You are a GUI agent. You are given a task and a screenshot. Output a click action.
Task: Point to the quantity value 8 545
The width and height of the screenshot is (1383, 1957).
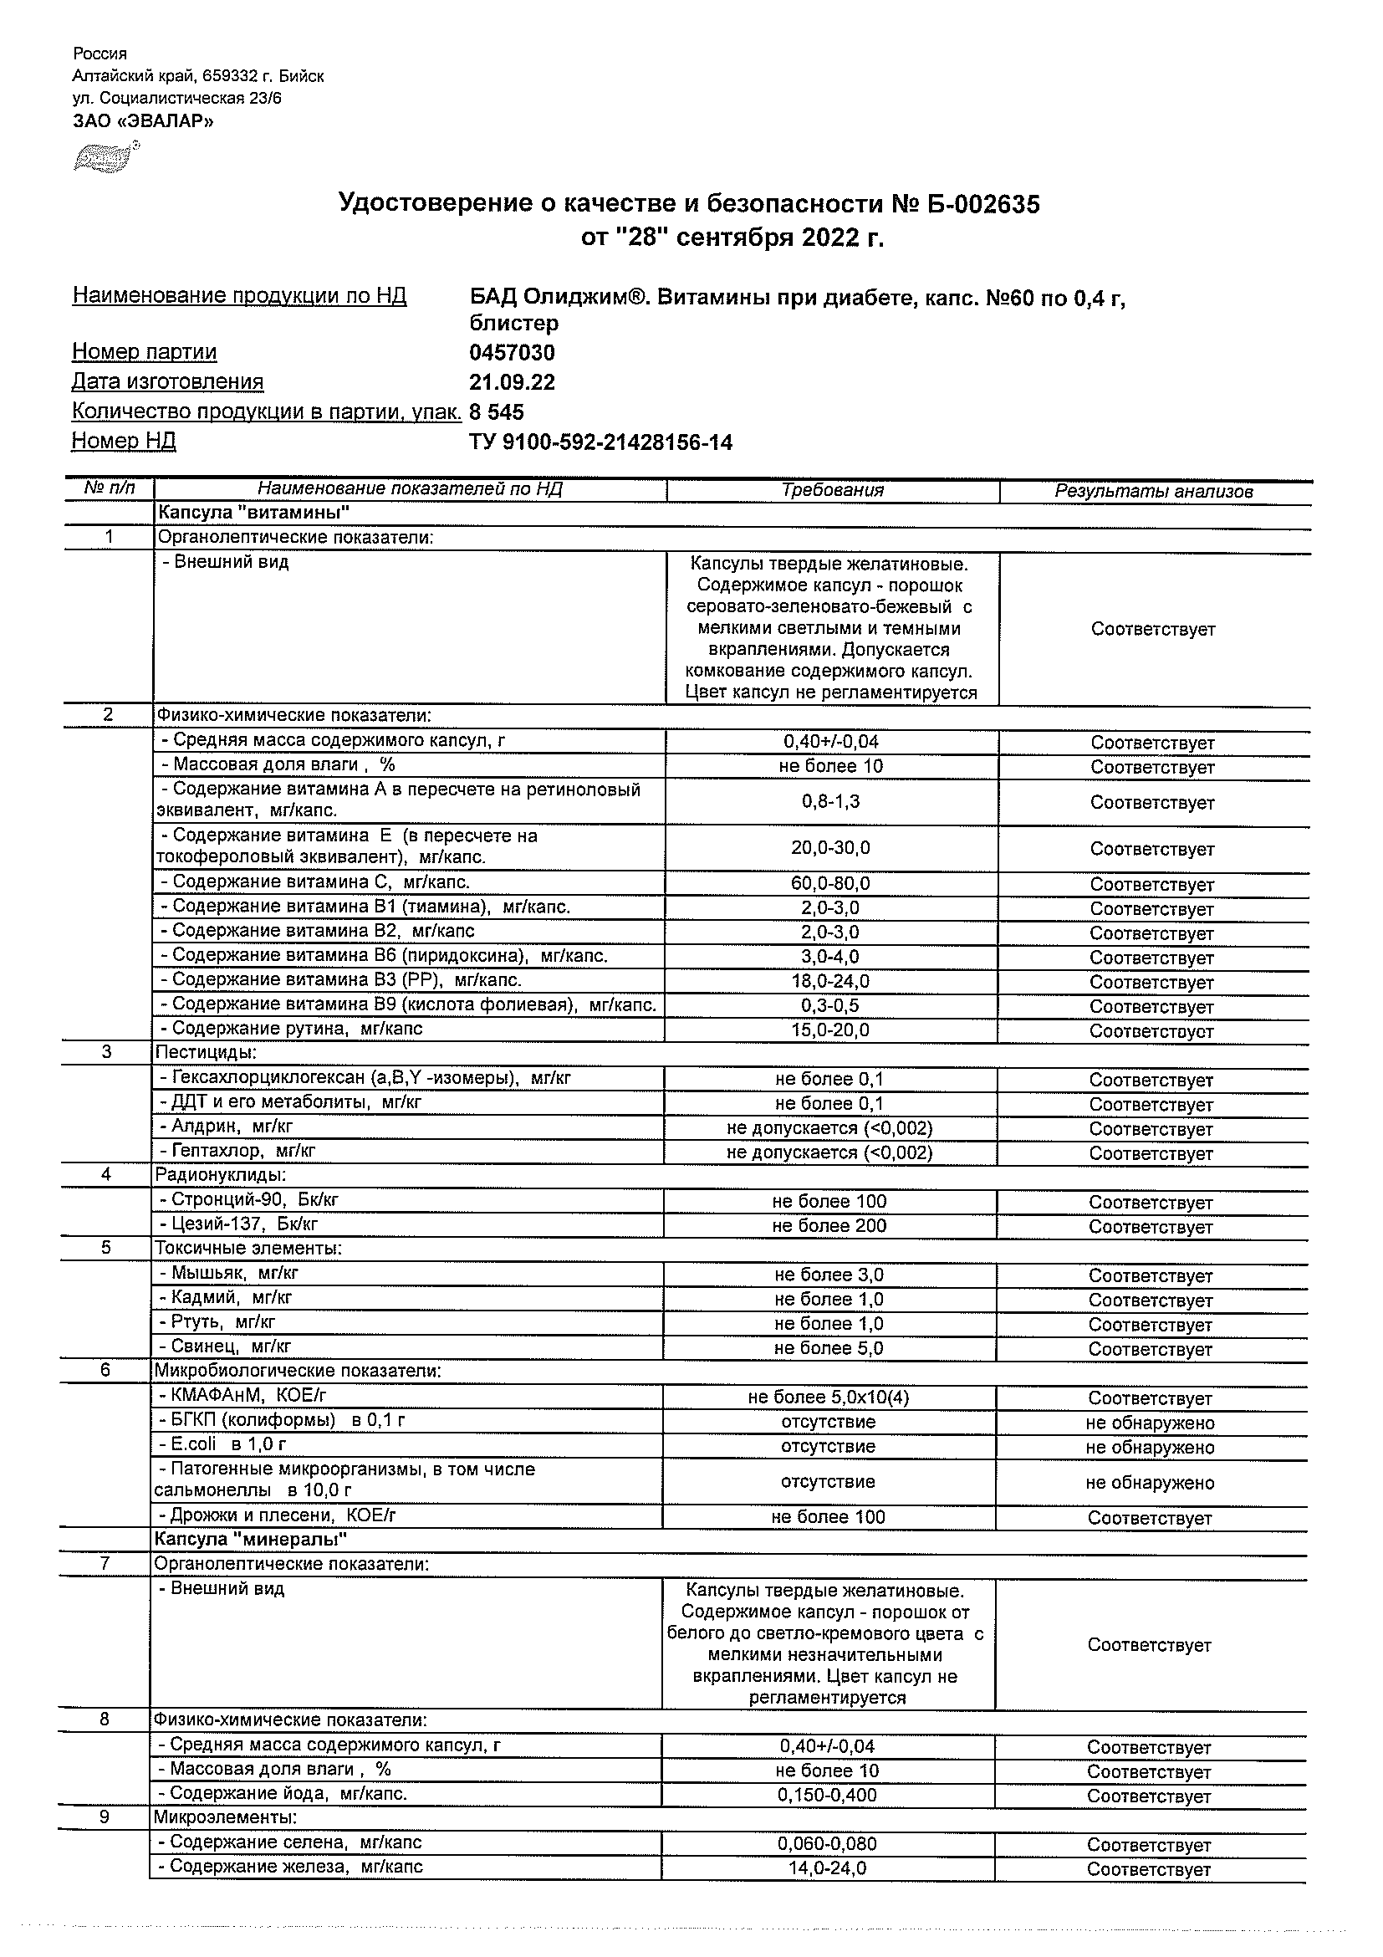pyautogui.click(x=497, y=412)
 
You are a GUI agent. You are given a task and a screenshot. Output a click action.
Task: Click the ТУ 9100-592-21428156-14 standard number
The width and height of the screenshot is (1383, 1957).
pyautogui.click(x=600, y=442)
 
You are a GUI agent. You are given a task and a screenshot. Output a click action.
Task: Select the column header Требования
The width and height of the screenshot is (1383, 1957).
pyautogui.click(x=833, y=490)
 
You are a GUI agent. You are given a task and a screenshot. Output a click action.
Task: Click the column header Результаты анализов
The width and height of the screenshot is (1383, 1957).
pyautogui.click(x=1154, y=491)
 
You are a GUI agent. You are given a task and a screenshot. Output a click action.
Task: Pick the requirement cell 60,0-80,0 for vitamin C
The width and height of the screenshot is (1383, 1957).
pyautogui.click(x=831, y=883)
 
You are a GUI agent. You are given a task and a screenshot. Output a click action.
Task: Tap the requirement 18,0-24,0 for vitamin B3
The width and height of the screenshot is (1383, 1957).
pyautogui.click(x=831, y=981)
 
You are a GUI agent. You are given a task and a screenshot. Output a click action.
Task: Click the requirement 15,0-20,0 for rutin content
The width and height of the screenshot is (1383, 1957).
pyautogui.click(x=831, y=1030)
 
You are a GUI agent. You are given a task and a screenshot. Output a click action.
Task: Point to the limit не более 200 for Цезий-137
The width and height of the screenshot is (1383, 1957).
pyautogui.click(x=829, y=1226)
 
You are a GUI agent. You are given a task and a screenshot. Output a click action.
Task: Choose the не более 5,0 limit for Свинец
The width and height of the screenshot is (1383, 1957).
pyautogui.click(x=829, y=1348)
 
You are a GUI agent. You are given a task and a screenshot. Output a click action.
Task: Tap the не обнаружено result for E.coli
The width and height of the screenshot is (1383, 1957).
pyautogui.click(x=1150, y=1448)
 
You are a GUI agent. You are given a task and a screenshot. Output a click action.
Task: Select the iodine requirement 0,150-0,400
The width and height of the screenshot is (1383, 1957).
pyautogui.click(x=827, y=1794)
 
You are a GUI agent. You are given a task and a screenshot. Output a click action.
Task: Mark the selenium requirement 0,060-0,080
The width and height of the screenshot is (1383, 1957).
pyautogui.click(x=827, y=1843)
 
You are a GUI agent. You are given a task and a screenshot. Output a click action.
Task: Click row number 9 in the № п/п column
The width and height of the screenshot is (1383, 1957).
pyautogui.click(x=105, y=1817)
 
